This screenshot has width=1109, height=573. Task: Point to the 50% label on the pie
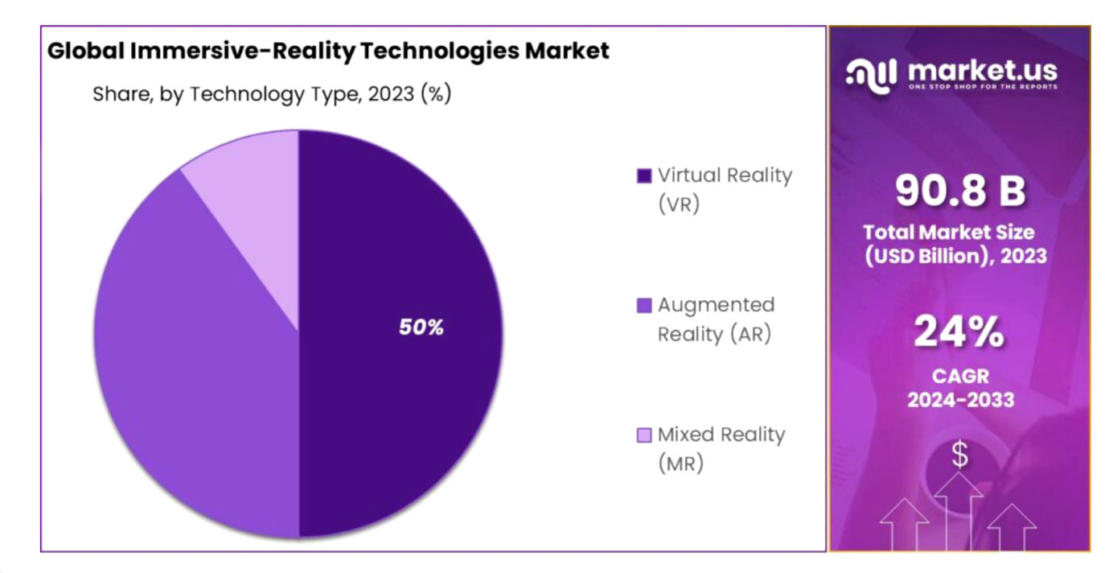click(421, 328)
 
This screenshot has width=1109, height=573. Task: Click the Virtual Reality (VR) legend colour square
click(643, 176)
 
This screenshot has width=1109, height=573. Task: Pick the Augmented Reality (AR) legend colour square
click(643, 306)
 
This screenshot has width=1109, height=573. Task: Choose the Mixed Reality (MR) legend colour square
click(643, 435)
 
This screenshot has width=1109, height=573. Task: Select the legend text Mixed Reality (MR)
click(721, 449)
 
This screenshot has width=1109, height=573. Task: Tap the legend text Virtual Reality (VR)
click(725, 189)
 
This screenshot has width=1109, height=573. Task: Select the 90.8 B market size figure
click(959, 192)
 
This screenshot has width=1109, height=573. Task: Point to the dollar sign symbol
click(959, 456)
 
